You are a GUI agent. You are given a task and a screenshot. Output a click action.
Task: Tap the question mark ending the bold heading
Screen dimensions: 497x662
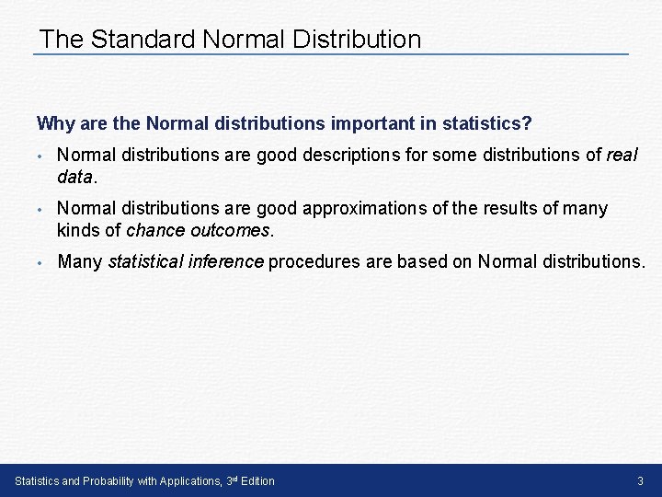[x=528, y=122]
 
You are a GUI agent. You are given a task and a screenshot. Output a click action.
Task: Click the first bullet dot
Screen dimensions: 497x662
[x=41, y=156]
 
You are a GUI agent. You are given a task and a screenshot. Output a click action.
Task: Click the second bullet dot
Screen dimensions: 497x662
[x=41, y=209]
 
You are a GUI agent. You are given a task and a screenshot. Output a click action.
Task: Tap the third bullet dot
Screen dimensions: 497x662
[x=41, y=262]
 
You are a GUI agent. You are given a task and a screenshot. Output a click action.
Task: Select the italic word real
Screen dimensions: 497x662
[x=622, y=155]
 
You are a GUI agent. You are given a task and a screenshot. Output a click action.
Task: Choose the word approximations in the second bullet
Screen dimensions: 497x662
[x=359, y=208]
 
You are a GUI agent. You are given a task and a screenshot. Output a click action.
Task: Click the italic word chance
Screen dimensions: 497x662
[x=155, y=228]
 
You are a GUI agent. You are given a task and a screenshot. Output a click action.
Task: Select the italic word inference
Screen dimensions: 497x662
[x=233, y=261]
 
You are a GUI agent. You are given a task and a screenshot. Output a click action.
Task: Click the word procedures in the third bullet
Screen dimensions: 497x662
[x=314, y=261]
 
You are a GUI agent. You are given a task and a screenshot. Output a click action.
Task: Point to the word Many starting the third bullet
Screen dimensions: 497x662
[x=80, y=261]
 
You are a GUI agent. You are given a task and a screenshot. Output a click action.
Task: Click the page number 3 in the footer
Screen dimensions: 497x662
[x=640, y=480]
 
